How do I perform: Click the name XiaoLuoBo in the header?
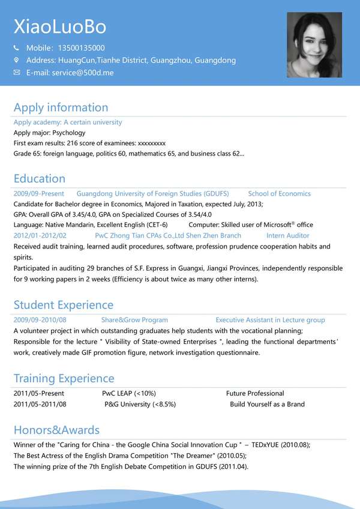[60, 26]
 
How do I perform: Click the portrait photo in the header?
[314, 45]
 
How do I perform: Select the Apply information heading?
[61, 107]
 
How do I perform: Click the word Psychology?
[69, 133]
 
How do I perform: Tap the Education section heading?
[40, 178]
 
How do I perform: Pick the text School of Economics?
[279, 194]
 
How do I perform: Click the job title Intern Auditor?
[288, 236]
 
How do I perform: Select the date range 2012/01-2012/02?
[40, 236]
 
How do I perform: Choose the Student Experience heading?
[63, 305]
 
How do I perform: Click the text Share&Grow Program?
[134, 320]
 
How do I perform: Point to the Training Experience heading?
[64, 378]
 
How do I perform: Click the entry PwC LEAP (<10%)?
[129, 393]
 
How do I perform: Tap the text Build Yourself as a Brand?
[267, 404]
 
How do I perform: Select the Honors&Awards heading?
[56, 430]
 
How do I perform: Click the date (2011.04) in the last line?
[233, 466]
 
